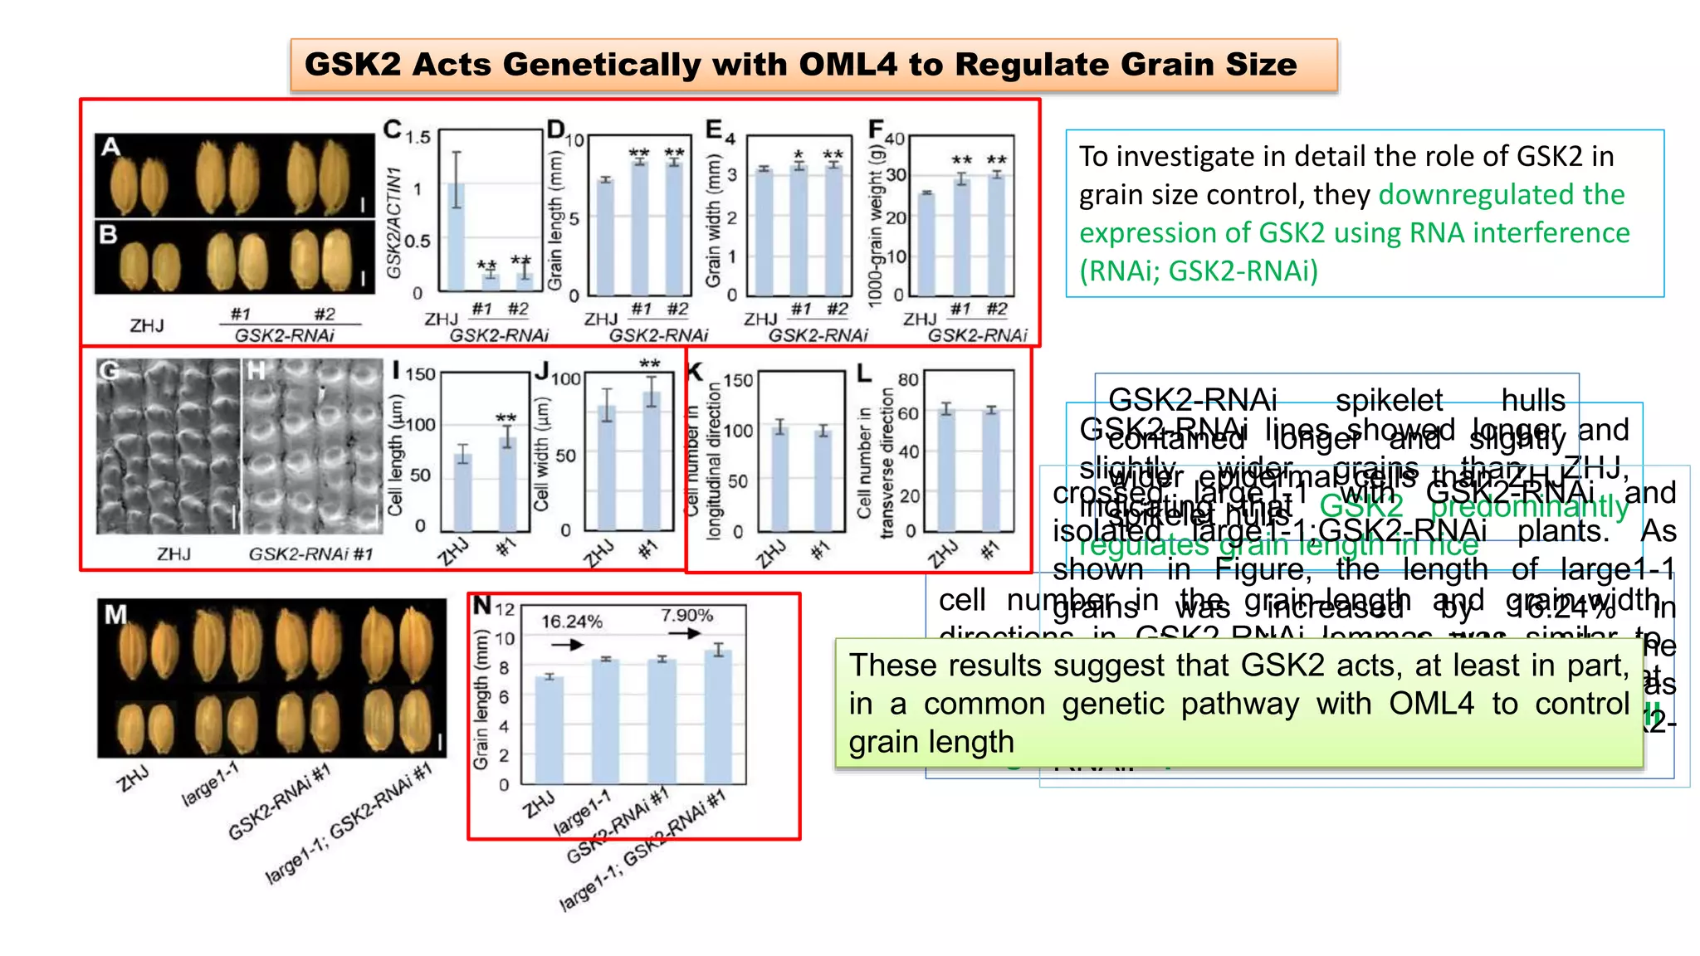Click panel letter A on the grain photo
click(111, 148)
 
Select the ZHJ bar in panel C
click(456, 237)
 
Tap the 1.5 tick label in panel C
click(418, 136)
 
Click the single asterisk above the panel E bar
click(799, 155)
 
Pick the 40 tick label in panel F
click(894, 139)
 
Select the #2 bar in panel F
click(997, 234)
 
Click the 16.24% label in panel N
click(572, 622)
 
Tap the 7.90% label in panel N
click(686, 615)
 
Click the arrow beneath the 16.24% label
click(567, 645)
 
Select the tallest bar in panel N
click(719, 717)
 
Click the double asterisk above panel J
click(650, 363)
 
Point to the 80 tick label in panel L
click(908, 380)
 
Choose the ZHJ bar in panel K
click(779, 480)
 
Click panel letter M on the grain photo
click(115, 615)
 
